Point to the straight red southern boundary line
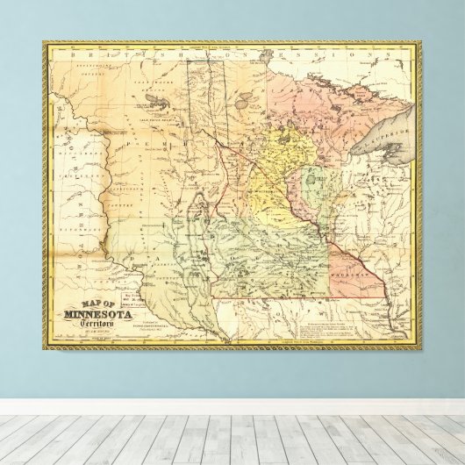point(272,298)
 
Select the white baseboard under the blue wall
point(232,407)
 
